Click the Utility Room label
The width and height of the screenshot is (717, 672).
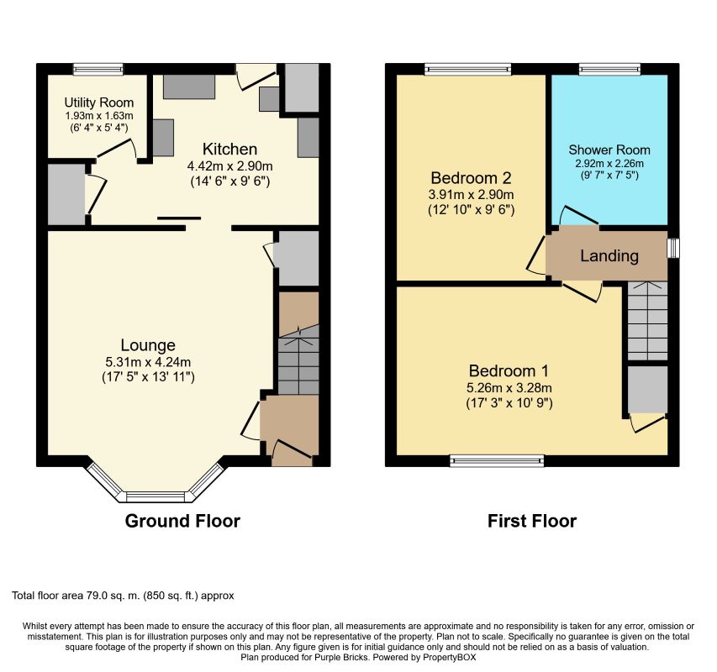click(99, 102)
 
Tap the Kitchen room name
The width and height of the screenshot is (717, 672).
click(229, 150)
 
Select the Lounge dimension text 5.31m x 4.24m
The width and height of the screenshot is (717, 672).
click(148, 362)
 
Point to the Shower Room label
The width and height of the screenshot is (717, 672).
click(609, 150)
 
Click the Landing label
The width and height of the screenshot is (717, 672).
click(609, 256)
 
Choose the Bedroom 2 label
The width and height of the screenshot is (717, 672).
click(471, 178)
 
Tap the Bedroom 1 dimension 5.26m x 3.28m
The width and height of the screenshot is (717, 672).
click(509, 388)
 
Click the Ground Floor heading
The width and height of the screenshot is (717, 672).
click(182, 521)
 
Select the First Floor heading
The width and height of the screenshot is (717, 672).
click(532, 521)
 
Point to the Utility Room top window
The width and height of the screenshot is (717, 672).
click(98, 69)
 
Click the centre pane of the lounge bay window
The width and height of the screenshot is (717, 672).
click(156, 496)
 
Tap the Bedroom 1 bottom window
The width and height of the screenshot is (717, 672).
click(497, 460)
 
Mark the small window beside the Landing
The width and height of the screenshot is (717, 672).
click(673, 248)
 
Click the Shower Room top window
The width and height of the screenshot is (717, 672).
click(609, 69)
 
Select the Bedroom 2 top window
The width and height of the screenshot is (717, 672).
click(468, 69)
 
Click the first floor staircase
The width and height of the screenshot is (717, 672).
click(647, 321)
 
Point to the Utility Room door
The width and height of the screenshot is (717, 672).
click(116, 149)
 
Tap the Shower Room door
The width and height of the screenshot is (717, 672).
click(579, 215)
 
